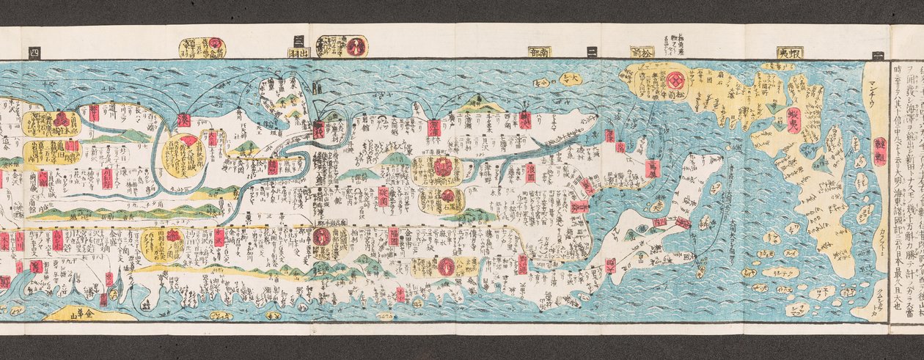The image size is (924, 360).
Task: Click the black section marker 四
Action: click(x=34, y=51)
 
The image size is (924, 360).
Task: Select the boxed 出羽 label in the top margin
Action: click(x=299, y=52)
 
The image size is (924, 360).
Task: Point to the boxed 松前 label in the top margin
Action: click(x=642, y=52)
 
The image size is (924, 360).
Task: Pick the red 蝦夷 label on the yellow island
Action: click(x=793, y=120)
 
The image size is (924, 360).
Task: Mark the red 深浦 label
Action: click(x=434, y=127)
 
